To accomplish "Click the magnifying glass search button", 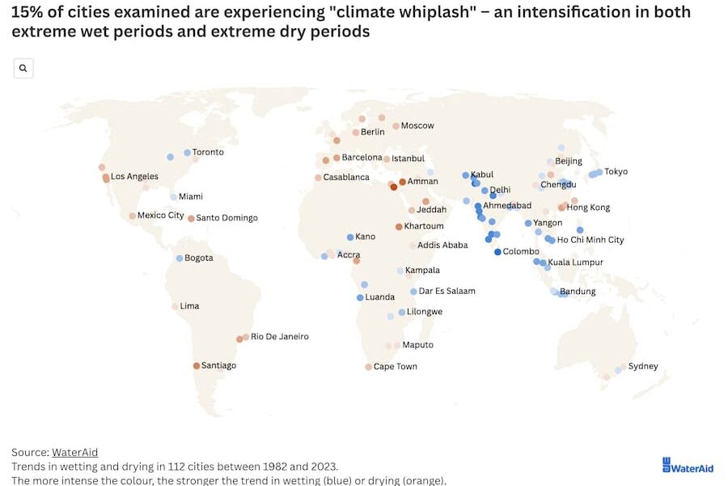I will (x=23, y=69).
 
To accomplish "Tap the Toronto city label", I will (x=208, y=152).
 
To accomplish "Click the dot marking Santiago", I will (x=196, y=366).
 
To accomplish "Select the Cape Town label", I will (x=396, y=367).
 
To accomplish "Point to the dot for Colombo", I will (x=497, y=252).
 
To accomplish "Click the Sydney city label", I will (x=643, y=366).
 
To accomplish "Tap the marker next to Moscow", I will (x=396, y=126).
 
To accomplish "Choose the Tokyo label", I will (x=616, y=172).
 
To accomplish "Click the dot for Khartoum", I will (x=398, y=227).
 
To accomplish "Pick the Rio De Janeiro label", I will (x=280, y=337).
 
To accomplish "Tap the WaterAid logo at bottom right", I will (x=688, y=466).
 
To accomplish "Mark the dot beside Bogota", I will (x=180, y=258).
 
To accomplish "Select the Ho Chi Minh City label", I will (x=590, y=241).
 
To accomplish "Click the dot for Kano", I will (x=350, y=237).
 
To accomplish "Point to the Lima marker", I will (x=175, y=306).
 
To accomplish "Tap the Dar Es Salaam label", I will (x=447, y=292).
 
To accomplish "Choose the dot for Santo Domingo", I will (x=191, y=218).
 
